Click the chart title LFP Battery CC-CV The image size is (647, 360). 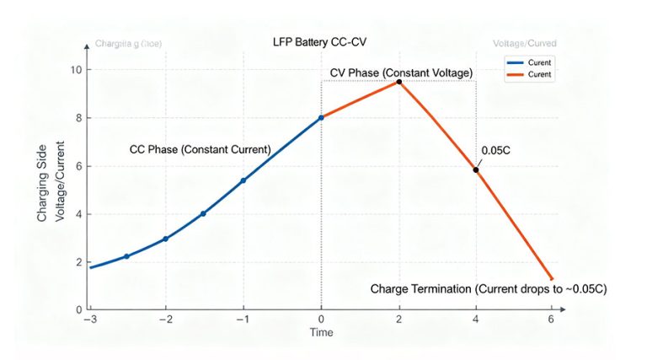[x=319, y=42]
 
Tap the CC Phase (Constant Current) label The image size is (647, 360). [x=200, y=149]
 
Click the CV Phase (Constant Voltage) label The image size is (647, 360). [x=400, y=74]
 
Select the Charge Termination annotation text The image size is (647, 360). [x=489, y=288]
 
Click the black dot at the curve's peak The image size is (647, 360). [x=398, y=82]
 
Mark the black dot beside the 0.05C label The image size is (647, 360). [x=476, y=170]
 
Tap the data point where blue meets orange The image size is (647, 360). [x=321, y=117]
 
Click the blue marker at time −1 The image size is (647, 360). [x=243, y=180]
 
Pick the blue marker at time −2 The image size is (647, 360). [x=165, y=239]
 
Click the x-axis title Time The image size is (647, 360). [x=320, y=333]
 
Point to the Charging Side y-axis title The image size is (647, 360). [x=42, y=191]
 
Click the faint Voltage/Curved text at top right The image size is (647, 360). [x=524, y=43]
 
